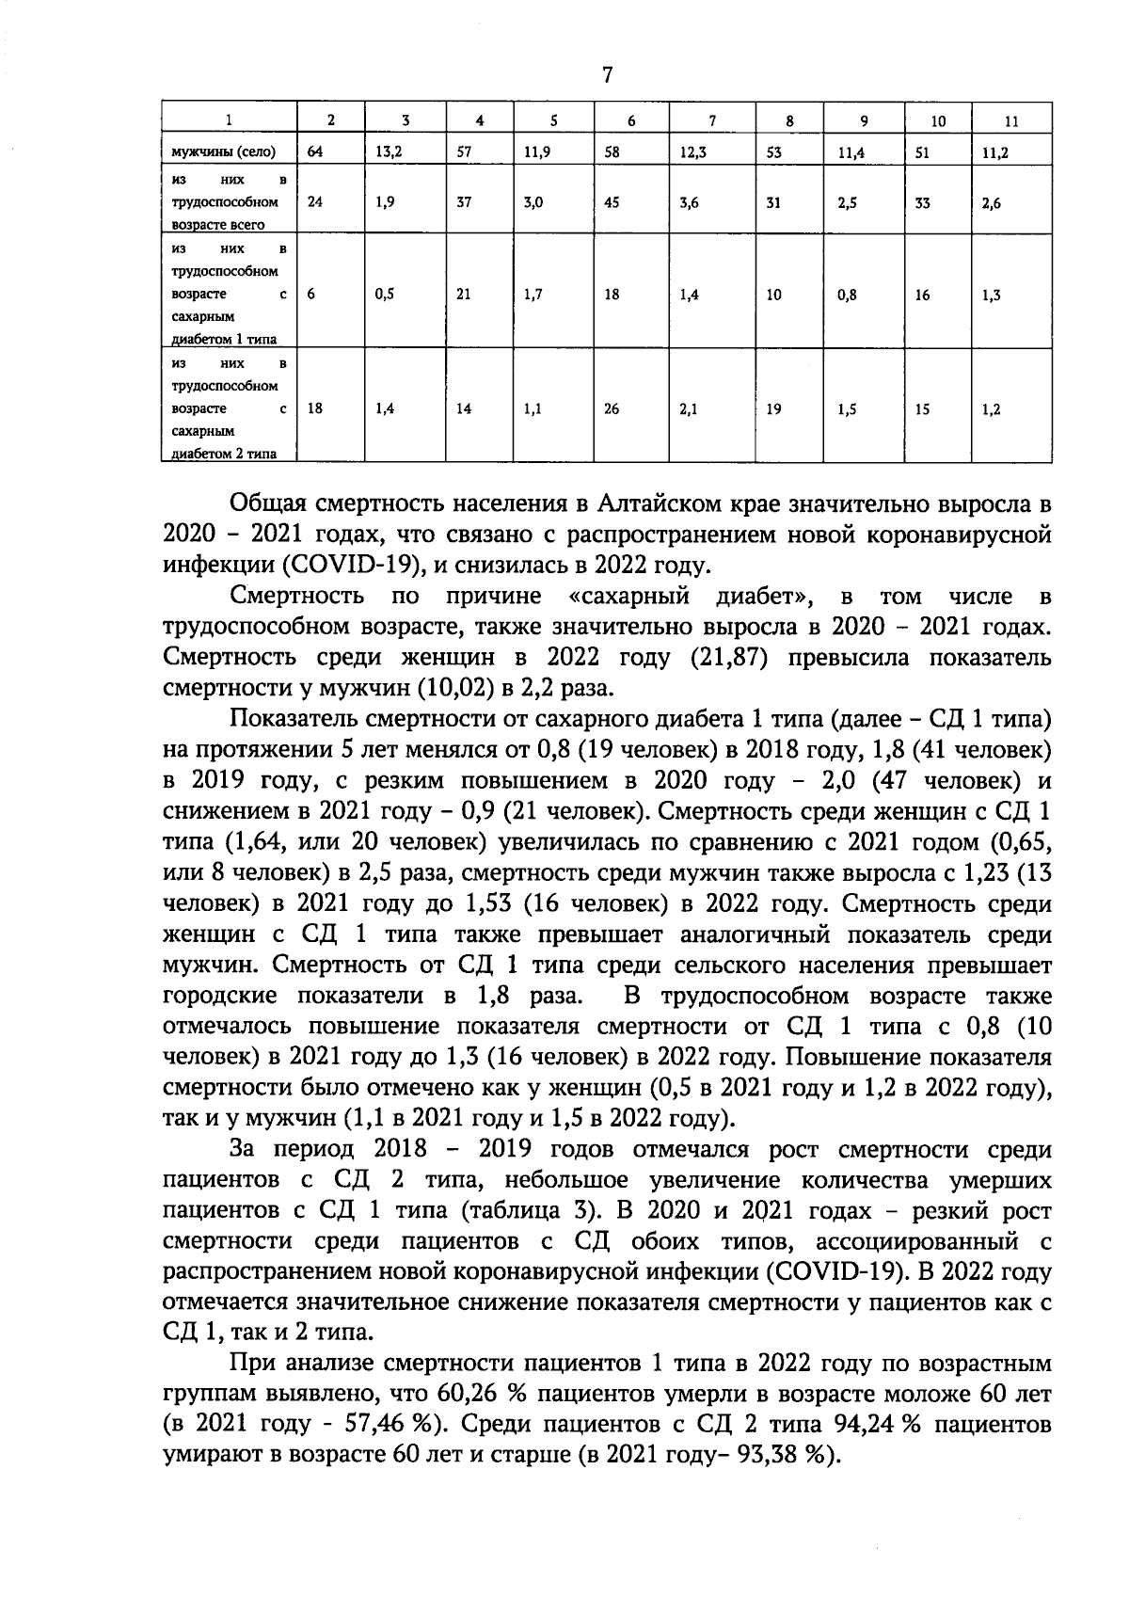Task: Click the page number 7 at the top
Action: point(607,75)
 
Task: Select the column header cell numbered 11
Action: point(1011,121)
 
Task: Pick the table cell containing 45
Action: point(612,201)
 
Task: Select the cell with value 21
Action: point(464,295)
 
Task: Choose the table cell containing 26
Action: point(612,409)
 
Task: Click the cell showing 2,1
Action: point(689,409)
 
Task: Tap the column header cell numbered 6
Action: point(631,121)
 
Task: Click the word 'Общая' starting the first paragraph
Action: point(267,504)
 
